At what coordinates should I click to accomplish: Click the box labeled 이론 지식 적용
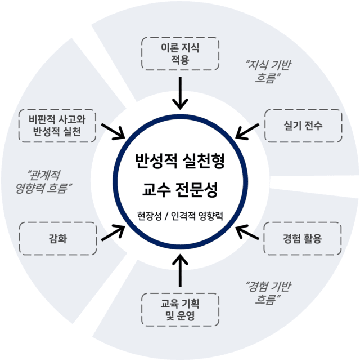pos(180,54)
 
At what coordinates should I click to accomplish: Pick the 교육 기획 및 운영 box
pos(180,309)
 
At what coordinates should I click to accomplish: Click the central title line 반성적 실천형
pos(180,162)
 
